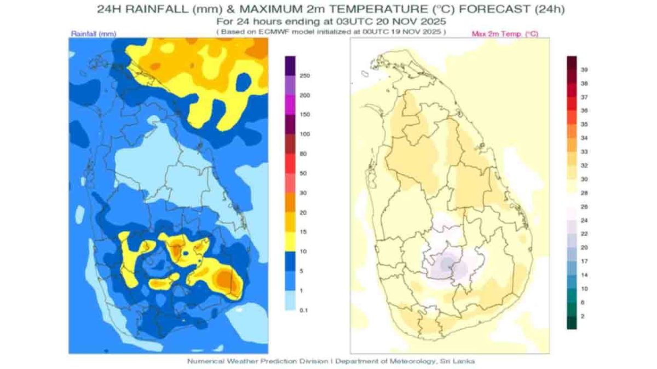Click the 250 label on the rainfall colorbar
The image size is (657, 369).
tap(305, 76)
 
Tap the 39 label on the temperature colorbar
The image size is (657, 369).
tap(584, 70)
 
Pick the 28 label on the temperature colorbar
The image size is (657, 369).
tap(584, 193)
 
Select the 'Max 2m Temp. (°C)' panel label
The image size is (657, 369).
tap(505, 34)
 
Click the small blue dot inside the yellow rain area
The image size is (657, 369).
tap(186, 253)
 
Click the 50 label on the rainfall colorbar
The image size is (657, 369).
tap(304, 173)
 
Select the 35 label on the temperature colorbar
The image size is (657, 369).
tap(584, 125)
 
